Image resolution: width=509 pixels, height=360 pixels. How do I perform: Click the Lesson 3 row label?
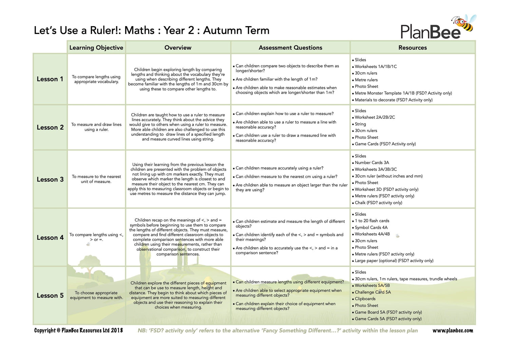pos(50,179)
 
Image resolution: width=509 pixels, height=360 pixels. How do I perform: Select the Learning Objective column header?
pos(96,48)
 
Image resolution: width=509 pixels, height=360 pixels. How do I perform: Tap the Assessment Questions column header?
pos(290,48)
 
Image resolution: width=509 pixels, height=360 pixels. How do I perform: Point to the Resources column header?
pos(412,48)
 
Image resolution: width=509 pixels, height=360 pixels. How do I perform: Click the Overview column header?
pos(178,48)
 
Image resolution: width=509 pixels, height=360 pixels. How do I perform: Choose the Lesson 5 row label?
pos(50,296)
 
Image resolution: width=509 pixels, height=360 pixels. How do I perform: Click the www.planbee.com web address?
pos(452,330)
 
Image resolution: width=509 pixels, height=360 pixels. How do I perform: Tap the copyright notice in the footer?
pos(78,330)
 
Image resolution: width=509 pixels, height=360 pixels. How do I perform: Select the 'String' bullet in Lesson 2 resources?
pos(360,124)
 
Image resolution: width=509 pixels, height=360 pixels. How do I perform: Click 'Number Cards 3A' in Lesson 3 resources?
pos(372,163)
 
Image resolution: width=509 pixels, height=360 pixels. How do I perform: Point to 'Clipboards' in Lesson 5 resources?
pos(365,299)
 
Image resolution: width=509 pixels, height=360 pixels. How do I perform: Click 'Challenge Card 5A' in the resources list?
pos(373,292)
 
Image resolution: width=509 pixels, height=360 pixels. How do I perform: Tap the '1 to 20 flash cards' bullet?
pos(372,221)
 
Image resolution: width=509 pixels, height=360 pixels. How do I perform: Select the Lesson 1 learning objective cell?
pos(96,79)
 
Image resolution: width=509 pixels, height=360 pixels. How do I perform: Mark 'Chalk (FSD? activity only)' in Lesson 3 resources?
pos(378,203)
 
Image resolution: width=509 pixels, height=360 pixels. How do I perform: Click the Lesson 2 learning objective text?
pos(96,127)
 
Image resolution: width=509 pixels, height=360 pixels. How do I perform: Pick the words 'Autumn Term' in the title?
pos(236,31)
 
